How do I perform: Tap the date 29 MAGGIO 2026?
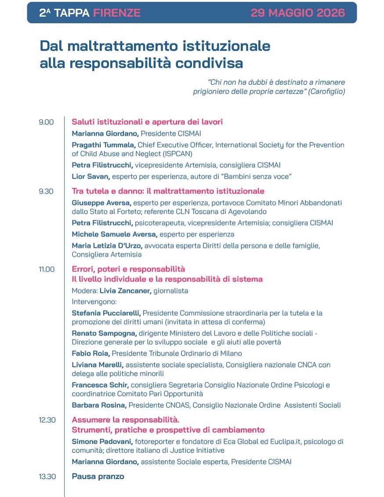297,13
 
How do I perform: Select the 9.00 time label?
46,122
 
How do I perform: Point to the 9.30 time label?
46,191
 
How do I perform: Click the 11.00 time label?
47,269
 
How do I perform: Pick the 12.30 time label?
47,420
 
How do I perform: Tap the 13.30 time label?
47,476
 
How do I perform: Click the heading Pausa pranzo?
98,476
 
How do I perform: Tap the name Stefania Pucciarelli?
106,313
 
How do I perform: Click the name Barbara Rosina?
99,405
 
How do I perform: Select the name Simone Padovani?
102,441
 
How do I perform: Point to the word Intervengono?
94,302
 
